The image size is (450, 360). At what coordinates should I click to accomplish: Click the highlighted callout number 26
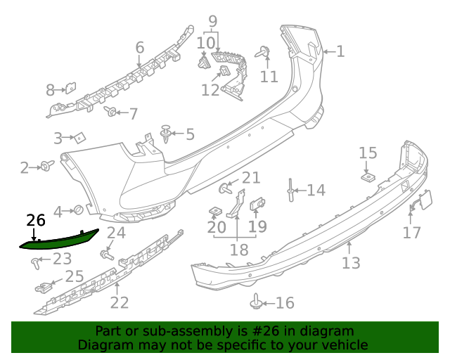click(35, 220)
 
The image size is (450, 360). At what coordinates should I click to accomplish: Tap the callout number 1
click(340, 51)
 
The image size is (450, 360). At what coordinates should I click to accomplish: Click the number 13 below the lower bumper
click(351, 262)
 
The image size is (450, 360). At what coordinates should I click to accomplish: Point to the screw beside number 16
click(257, 302)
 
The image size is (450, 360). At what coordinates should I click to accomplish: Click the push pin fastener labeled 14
click(290, 189)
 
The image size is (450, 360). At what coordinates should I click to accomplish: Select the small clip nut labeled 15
click(367, 175)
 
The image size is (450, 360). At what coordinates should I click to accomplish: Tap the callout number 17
click(412, 232)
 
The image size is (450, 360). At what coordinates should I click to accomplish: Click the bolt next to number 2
click(47, 166)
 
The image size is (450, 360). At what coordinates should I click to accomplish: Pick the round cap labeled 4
click(79, 210)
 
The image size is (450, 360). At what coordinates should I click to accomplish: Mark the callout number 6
click(140, 48)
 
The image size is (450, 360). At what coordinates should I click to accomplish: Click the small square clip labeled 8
click(70, 89)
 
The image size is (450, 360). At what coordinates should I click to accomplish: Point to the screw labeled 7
click(110, 111)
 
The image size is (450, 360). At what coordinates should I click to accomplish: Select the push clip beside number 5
click(166, 133)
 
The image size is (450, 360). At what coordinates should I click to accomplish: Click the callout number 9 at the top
click(212, 21)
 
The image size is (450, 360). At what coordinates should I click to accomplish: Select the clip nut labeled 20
click(216, 211)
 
